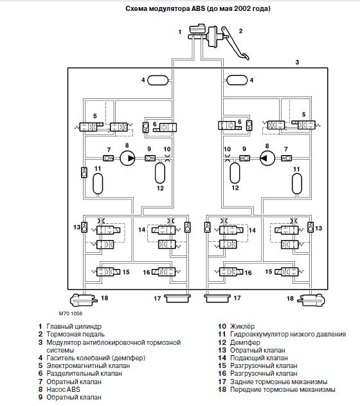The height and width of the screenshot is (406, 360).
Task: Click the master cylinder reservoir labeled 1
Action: [x=197, y=29]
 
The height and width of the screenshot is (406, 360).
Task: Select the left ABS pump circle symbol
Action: [x=127, y=158]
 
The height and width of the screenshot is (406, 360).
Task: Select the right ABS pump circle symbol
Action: [x=267, y=158]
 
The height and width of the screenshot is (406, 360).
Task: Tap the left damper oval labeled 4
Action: [x=158, y=80]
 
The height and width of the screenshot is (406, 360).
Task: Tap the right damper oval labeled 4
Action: [x=237, y=80]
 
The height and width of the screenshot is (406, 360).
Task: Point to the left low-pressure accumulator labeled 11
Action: [x=98, y=183]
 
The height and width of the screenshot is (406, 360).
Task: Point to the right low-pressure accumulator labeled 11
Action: [x=297, y=183]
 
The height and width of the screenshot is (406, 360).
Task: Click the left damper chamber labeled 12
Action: [x=160, y=172]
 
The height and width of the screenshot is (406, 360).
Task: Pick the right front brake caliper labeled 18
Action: [x=311, y=300]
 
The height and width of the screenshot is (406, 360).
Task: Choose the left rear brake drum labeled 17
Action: [x=177, y=299]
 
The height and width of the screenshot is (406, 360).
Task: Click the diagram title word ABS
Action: [x=198, y=8]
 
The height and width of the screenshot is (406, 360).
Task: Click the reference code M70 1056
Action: [x=71, y=313]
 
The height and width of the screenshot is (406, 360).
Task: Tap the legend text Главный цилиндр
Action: [x=74, y=326]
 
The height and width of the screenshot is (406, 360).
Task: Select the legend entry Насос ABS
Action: [x=64, y=389]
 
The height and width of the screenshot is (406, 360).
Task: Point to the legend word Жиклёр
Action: [x=242, y=326]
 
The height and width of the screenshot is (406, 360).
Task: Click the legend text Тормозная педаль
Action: [x=75, y=335]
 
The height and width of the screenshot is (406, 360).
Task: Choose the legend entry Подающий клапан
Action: [x=259, y=358]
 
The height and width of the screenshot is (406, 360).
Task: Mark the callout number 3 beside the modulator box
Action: [x=297, y=62]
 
